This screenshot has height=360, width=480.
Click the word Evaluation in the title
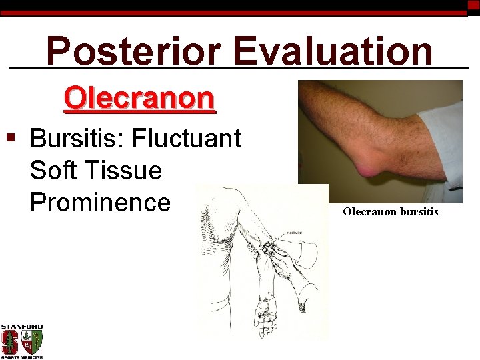(333, 51)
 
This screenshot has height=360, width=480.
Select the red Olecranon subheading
(139, 99)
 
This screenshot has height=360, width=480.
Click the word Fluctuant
(187, 139)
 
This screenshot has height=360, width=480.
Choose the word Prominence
(100, 201)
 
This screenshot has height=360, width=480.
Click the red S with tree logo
(11, 342)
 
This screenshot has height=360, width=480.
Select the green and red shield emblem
(33, 342)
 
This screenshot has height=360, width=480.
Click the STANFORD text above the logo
(21, 327)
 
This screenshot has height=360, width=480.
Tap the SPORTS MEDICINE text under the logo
(21, 357)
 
